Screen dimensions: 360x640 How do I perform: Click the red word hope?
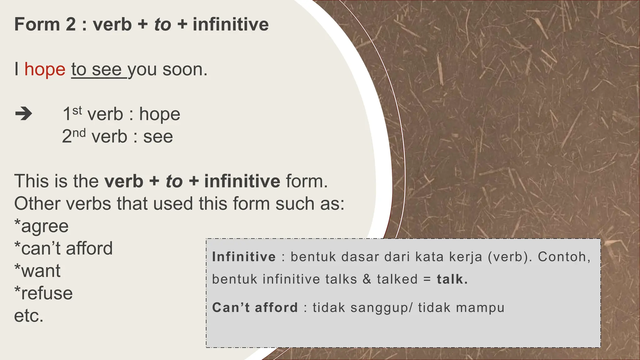pyautogui.click(x=45, y=69)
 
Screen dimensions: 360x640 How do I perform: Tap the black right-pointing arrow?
pyautogui.click(x=23, y=114)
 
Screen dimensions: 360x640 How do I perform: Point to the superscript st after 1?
pyautogui.click(x=77, y=110)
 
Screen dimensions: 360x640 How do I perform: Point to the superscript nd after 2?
pyautogui.click(x=79, y=133)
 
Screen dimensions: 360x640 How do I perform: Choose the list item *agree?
pyautogui.click(x=42, y=226)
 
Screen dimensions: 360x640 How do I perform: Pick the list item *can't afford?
pyautogui.click(x=63, y=248)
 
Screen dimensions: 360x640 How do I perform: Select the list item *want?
pyautogui.click(x=37, y=271)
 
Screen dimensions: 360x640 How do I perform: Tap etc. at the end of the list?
pyautogui.click(x=29, y=316)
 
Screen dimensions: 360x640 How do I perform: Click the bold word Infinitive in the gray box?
pyautogui.click(x=244, y=257)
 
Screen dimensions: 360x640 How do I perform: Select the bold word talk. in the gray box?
pyautogui.click(x=452, y=279)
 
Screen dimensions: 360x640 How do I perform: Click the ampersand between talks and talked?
pyautogui.click(x=367, y=279)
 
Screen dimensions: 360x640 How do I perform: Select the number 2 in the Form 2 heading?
pyautogui.click(x=71, y=24)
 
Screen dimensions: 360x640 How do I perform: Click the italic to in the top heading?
pyautogui.click(x=162, y=24)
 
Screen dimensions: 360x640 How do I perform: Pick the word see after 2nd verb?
pyautogui.click(x=158, y=137)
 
